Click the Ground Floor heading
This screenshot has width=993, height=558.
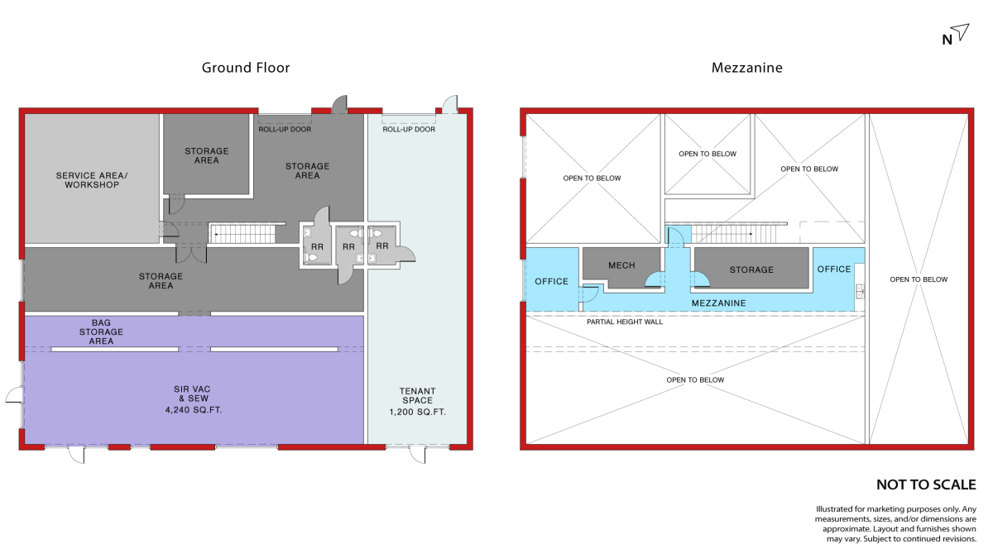pyautogui.click(x=246, y=68)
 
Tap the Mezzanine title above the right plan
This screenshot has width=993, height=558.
pyautogui.click(x=747, y=68)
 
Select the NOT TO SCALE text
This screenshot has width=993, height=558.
pyautogui.click(x=926, y=484)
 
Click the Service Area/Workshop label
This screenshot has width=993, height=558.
pyautogui.click(x=92, y=180)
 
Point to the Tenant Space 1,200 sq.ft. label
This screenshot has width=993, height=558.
pyautogui.click(x=418, y=402)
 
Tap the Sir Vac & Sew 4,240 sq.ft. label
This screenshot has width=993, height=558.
pyautogui.click(x=193, y=399)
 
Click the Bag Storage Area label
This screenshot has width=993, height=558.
pyautogui.click(x=101, y=332)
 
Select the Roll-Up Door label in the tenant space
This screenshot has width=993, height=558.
pyautogui.click(x=409, y=129)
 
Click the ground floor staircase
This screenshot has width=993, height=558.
pyautogui.click(x=242, y=234)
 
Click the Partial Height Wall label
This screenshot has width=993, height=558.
pyautogui.click(x=625, y=322)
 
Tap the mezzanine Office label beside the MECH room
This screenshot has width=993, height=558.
pyautogui.click(x=551, y=282)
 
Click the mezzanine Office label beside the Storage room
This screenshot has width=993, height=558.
pyautogui.click(x=834, y=269)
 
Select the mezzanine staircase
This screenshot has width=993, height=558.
pyautogui.click(x=734, y=234)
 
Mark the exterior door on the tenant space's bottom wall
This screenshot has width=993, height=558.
pyautogui.click(x=417, y=455)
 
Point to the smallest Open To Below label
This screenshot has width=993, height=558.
pyautogui.click(x=707, y=154)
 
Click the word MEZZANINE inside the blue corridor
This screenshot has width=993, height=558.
pyautogui.click(x=718, y=303)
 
